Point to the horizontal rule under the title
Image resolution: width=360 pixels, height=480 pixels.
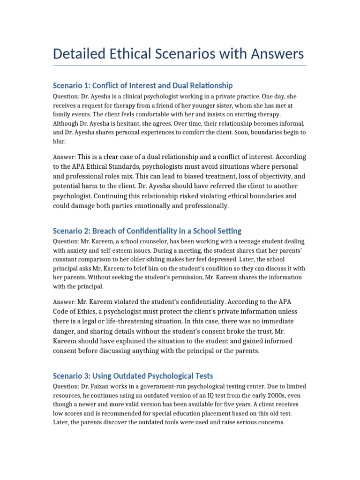(180, 66)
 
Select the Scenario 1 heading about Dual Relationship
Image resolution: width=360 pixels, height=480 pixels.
(142, 85)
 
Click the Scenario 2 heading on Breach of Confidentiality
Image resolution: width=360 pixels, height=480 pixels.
(147, 231)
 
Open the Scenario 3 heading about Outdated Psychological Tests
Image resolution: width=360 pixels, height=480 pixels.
(133, 376)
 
